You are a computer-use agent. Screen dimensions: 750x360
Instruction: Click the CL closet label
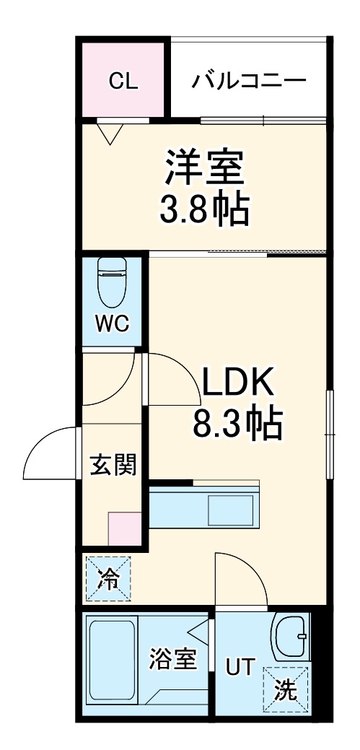123,82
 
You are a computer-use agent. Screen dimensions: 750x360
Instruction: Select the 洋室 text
204,169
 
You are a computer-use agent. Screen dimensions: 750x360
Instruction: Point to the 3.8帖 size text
204,209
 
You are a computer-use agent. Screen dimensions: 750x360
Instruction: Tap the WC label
113,324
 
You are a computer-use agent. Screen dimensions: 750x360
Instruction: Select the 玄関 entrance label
113,466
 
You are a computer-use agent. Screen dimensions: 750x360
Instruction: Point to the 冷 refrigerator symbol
109,578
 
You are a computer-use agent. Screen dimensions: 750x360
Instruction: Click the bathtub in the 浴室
112,661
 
